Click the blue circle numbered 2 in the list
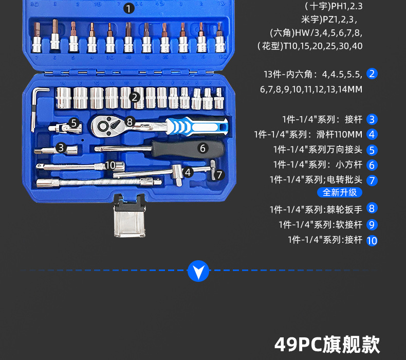[373, 74]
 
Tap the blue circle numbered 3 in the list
[373, 119]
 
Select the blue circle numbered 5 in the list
[373, 150]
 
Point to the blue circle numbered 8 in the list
[373, 208]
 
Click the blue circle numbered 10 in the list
[373, 240]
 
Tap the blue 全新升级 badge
[340, 192]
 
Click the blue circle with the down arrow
[198, 271]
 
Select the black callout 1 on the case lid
[128, 8]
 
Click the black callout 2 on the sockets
[135, 97]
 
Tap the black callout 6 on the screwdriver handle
[202, 148]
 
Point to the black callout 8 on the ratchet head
[130, 122]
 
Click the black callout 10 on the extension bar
[110, 165]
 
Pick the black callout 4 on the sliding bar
[189, 172]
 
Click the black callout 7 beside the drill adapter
[219, 174]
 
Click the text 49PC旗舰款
[327, 344]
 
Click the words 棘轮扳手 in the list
[349, 209]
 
